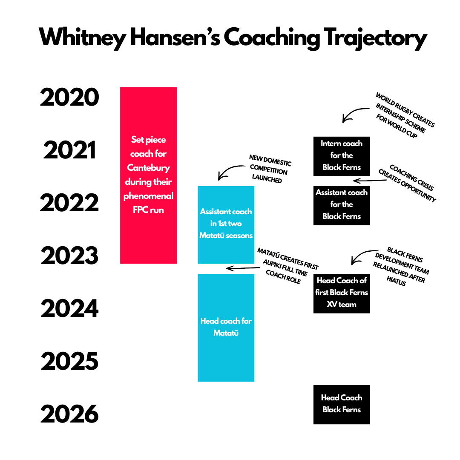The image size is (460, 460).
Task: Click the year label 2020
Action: [x=69, y=97]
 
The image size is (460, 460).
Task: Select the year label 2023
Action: [x=69, y=256]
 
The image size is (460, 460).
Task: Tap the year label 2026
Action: [x=69, y=414]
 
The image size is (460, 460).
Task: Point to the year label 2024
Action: [x=69, y=308]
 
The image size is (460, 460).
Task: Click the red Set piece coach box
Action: [x=149, y=175]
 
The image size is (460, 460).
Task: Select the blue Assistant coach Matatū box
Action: [x=226, y=225]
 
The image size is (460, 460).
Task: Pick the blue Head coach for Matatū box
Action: [x=226, y=328]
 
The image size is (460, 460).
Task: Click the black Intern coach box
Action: [x=342, y=156]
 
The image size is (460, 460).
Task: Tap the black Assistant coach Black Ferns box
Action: [x=342, y=206]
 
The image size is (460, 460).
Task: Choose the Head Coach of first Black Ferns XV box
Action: [x=342, y=293]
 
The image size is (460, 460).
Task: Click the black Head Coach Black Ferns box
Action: [x=342, y=405]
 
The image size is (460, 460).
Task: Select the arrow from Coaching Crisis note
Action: [x=370, y=181]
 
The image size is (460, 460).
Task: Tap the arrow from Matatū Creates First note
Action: [x=243, y=268]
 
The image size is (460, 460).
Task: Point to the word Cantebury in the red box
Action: [x=149, y=167]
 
